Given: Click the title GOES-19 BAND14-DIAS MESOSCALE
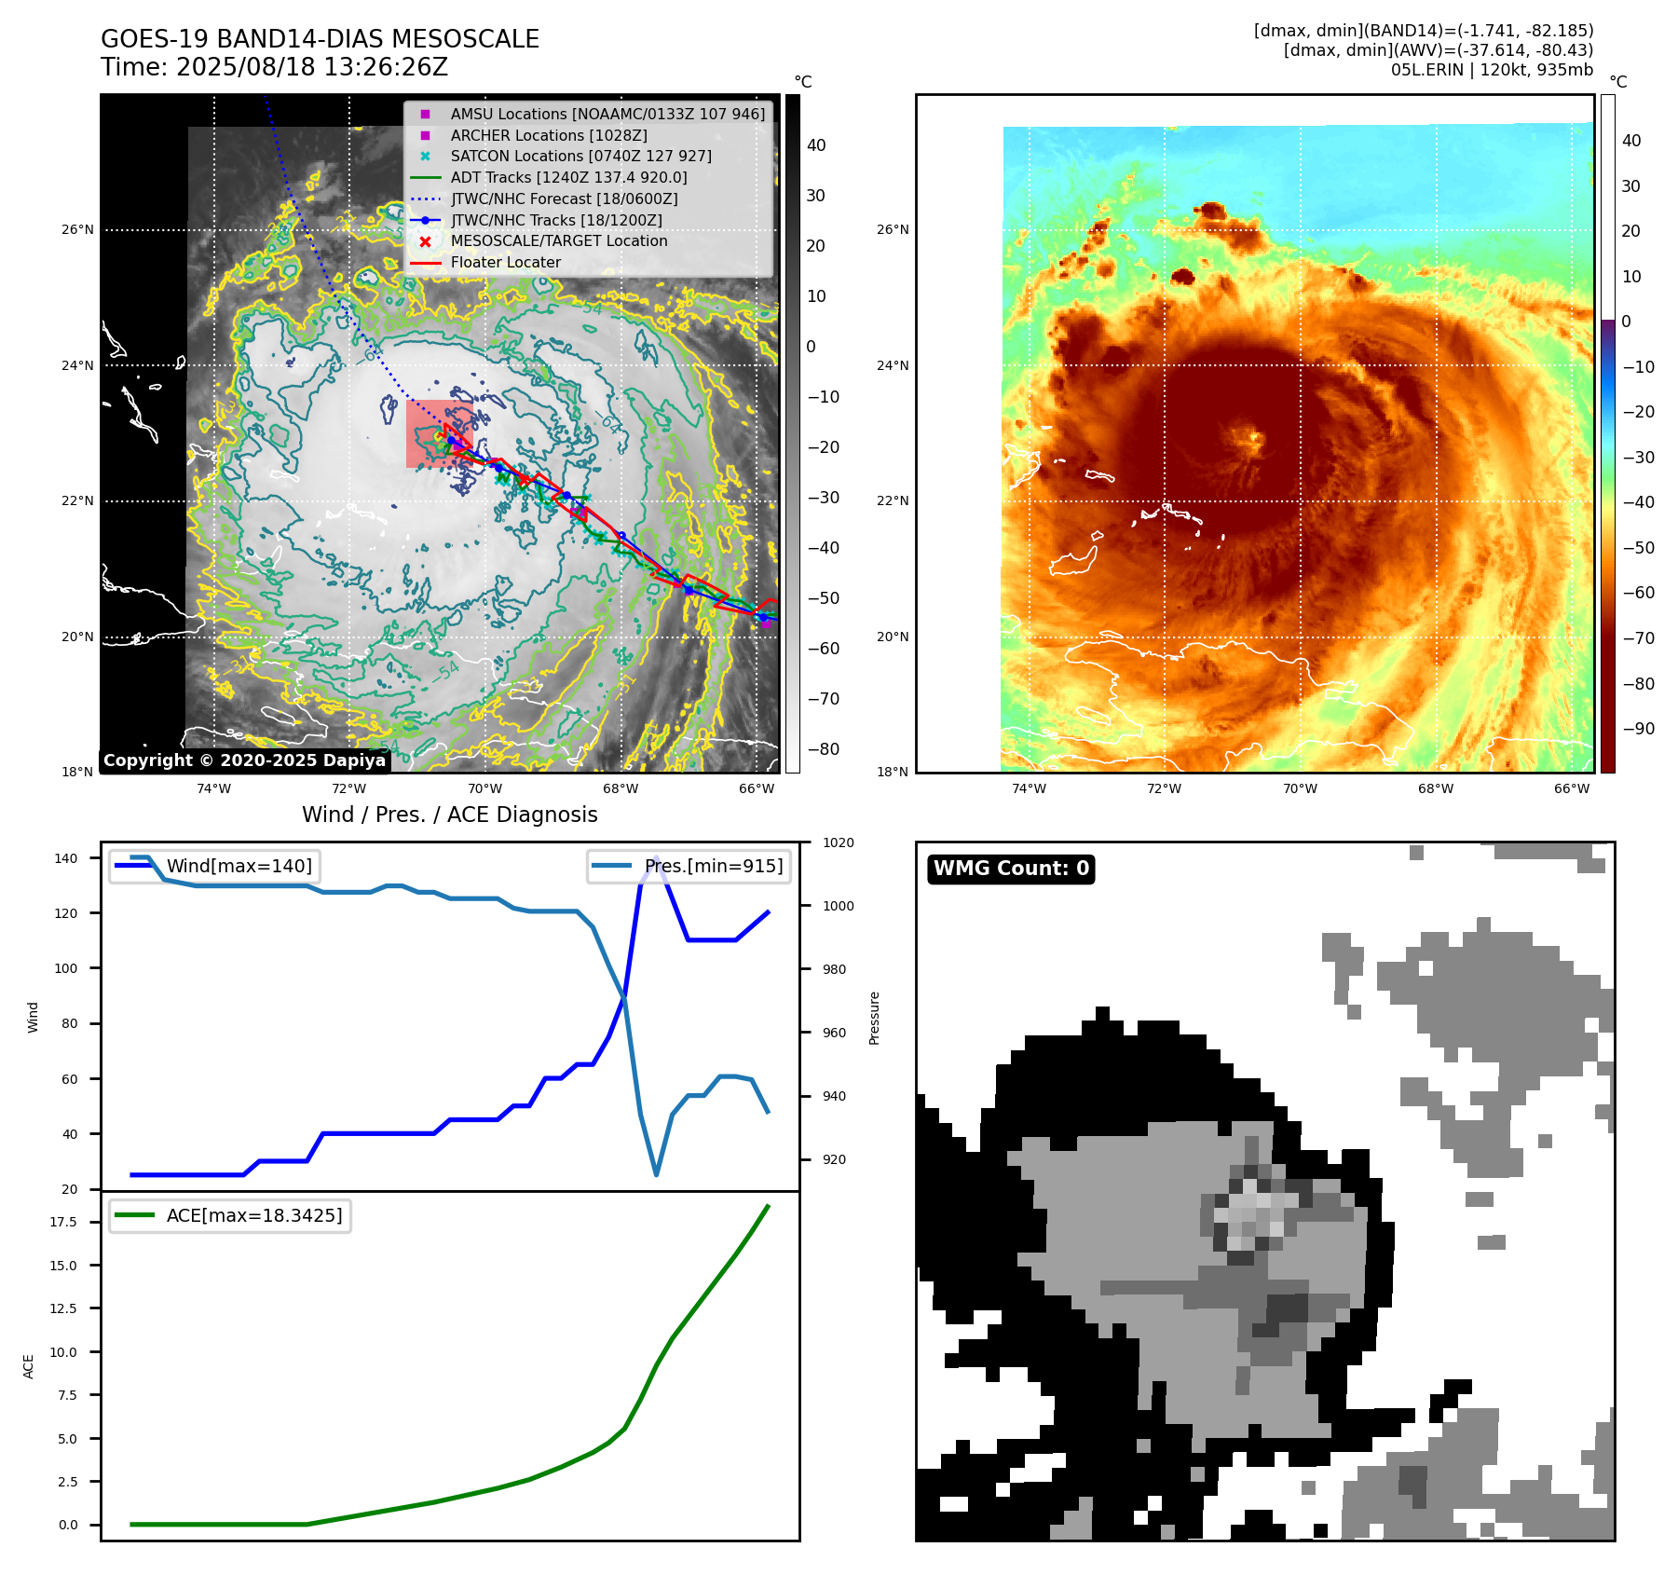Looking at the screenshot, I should [x=320, y=39].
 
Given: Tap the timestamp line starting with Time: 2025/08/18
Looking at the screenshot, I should [x=275, y=67].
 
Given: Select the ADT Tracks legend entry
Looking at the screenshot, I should [x=568, y=177].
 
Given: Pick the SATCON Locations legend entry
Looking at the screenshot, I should [x=580, y=156].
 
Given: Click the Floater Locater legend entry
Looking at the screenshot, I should [x=505, y=262].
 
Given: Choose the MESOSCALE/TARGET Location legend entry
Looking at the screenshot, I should [x=559, y=240].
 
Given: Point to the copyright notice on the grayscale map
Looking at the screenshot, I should [x=244, y=760].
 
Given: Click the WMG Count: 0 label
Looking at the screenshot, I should [x=1011, y=869].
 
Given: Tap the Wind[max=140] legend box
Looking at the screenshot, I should [x=213, y=866].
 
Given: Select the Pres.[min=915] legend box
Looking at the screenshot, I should [x=689, y=866].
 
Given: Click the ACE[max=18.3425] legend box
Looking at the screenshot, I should [x=229, y=1215].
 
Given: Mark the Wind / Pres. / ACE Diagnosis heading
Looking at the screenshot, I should [x=450, y=815].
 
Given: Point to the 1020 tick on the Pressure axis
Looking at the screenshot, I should [x=838, y=842].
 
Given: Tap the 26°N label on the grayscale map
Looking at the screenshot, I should [x=77, y=229].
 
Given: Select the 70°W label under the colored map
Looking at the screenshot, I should [x=1300, y=788].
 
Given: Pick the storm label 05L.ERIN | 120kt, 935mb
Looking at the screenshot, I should [x=1492, y=70].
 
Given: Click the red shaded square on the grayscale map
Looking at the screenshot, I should [x=439, y=433].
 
